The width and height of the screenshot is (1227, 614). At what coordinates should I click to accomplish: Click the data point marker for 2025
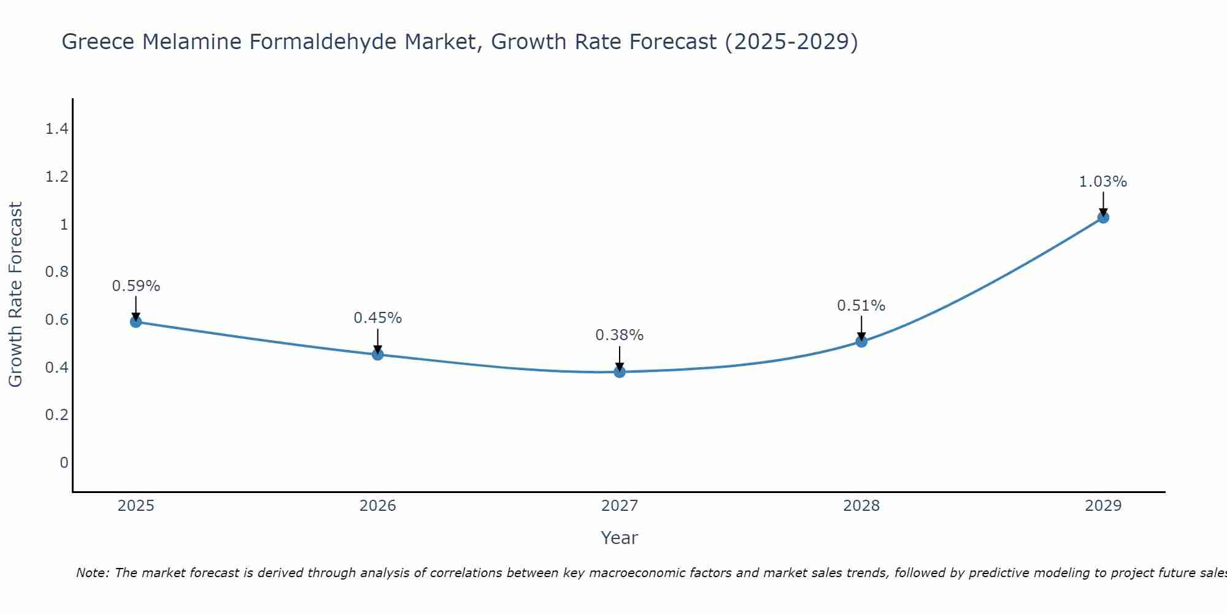click(x=136, y=322)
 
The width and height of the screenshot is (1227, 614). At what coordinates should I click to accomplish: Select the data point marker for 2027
click(x=620, y=371)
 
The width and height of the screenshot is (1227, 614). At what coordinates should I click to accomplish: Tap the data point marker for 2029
click(x=1103, y=217)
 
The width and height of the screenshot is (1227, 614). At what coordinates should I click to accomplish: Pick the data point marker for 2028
click(x=861, y=341)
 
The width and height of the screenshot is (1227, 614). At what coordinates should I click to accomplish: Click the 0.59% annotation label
click(x=136, y=286)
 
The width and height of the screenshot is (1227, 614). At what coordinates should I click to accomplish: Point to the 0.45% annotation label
click(x=378, y=318)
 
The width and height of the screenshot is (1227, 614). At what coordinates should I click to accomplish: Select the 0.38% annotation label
click(x=620, y=335)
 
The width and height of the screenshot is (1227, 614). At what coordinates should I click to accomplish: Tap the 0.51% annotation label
click(x=861, y=306)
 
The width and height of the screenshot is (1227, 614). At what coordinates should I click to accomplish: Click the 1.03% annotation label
click(x=1103, y=182)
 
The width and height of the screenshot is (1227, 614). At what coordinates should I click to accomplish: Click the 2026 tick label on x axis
click(x=378, y=506)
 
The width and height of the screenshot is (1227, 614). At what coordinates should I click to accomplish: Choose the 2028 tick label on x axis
click(x=861, y=506)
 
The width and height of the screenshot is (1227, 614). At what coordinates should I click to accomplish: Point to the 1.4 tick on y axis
click(x=56, y=129)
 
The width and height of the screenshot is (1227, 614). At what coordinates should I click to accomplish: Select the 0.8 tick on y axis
click(x=56, y=272)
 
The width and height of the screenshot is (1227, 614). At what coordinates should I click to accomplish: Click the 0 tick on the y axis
click(x=64, y=462)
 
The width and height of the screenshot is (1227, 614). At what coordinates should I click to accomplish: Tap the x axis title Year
click(x=620, y=538)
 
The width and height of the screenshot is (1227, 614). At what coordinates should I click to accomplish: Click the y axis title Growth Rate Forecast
click(x=15, y=295)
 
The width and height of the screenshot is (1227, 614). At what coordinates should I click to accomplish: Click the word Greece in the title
click(x=98, y=42)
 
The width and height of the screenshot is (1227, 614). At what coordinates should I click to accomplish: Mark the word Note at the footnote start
click(x=92, y=573)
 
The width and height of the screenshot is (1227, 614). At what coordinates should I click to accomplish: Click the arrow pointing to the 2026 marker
click(x=378, y=341)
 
